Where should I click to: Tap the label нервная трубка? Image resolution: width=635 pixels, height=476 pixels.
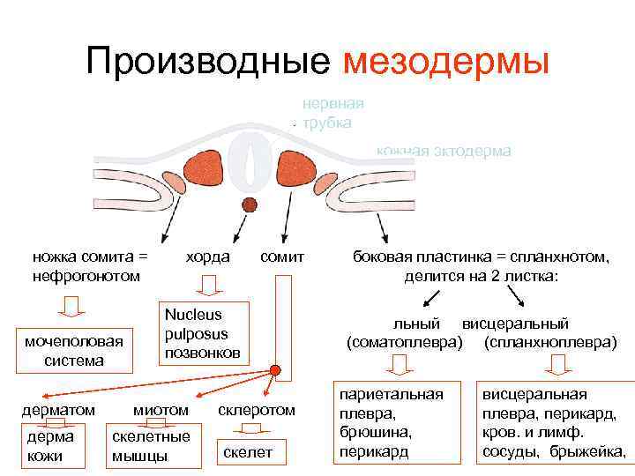[332, 113]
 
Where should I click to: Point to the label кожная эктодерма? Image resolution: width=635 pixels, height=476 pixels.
[443, 152]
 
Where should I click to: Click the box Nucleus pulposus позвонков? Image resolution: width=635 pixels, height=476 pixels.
[202, 333]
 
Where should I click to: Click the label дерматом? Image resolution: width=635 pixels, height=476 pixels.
[59, 410]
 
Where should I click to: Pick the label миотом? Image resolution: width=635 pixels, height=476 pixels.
[161, 410]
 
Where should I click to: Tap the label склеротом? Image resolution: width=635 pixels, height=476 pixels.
[256, 410]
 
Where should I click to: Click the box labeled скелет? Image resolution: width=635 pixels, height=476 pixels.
[248, 453]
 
